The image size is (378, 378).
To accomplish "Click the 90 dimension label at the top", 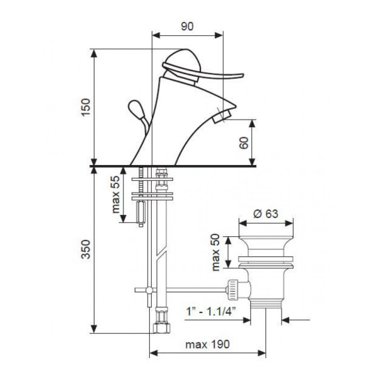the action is pos(187,26).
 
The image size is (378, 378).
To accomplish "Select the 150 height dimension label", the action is pos(86,107).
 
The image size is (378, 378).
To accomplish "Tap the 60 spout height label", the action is pos(244,143).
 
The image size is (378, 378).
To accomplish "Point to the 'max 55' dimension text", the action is pos(116,195).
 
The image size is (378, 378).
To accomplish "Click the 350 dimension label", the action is pos(86,249).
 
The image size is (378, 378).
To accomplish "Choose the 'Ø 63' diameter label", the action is pos(266,214).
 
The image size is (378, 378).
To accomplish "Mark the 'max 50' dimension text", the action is pos(215,253).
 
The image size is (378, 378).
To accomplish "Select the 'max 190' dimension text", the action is pos(207,345).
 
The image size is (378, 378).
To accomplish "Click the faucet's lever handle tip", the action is pos(242,76).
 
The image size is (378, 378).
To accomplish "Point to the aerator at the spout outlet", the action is pos(222,116).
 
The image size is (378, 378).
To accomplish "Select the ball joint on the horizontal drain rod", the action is pos(149,290).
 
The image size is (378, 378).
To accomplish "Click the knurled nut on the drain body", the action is pos(232,290).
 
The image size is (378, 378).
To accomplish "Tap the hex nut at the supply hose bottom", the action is pos(161,328).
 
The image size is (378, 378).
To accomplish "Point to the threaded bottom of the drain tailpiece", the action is pos(266,304).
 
